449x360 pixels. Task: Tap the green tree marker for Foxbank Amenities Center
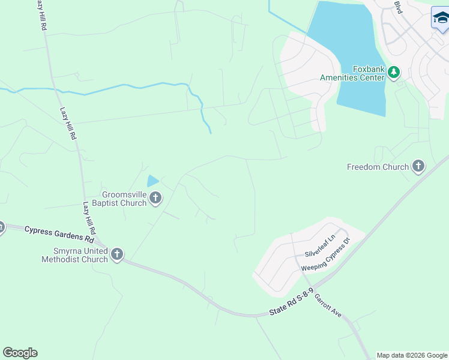pos(393,73)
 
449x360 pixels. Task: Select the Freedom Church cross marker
pos(418,166)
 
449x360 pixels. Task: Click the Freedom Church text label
pos(378,167)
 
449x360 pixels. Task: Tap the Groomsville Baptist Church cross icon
pos(155,197)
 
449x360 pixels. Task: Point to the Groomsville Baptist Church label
pos(124,199)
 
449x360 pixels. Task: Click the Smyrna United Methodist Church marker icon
pos(116,254)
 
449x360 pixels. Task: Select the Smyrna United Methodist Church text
pos(74,255)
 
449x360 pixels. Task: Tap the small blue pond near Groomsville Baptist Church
pos(153,180)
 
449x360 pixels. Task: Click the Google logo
pos(20,353)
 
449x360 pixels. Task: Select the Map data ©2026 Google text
pos(412,355)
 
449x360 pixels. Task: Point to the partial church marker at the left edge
pos(1,227)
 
